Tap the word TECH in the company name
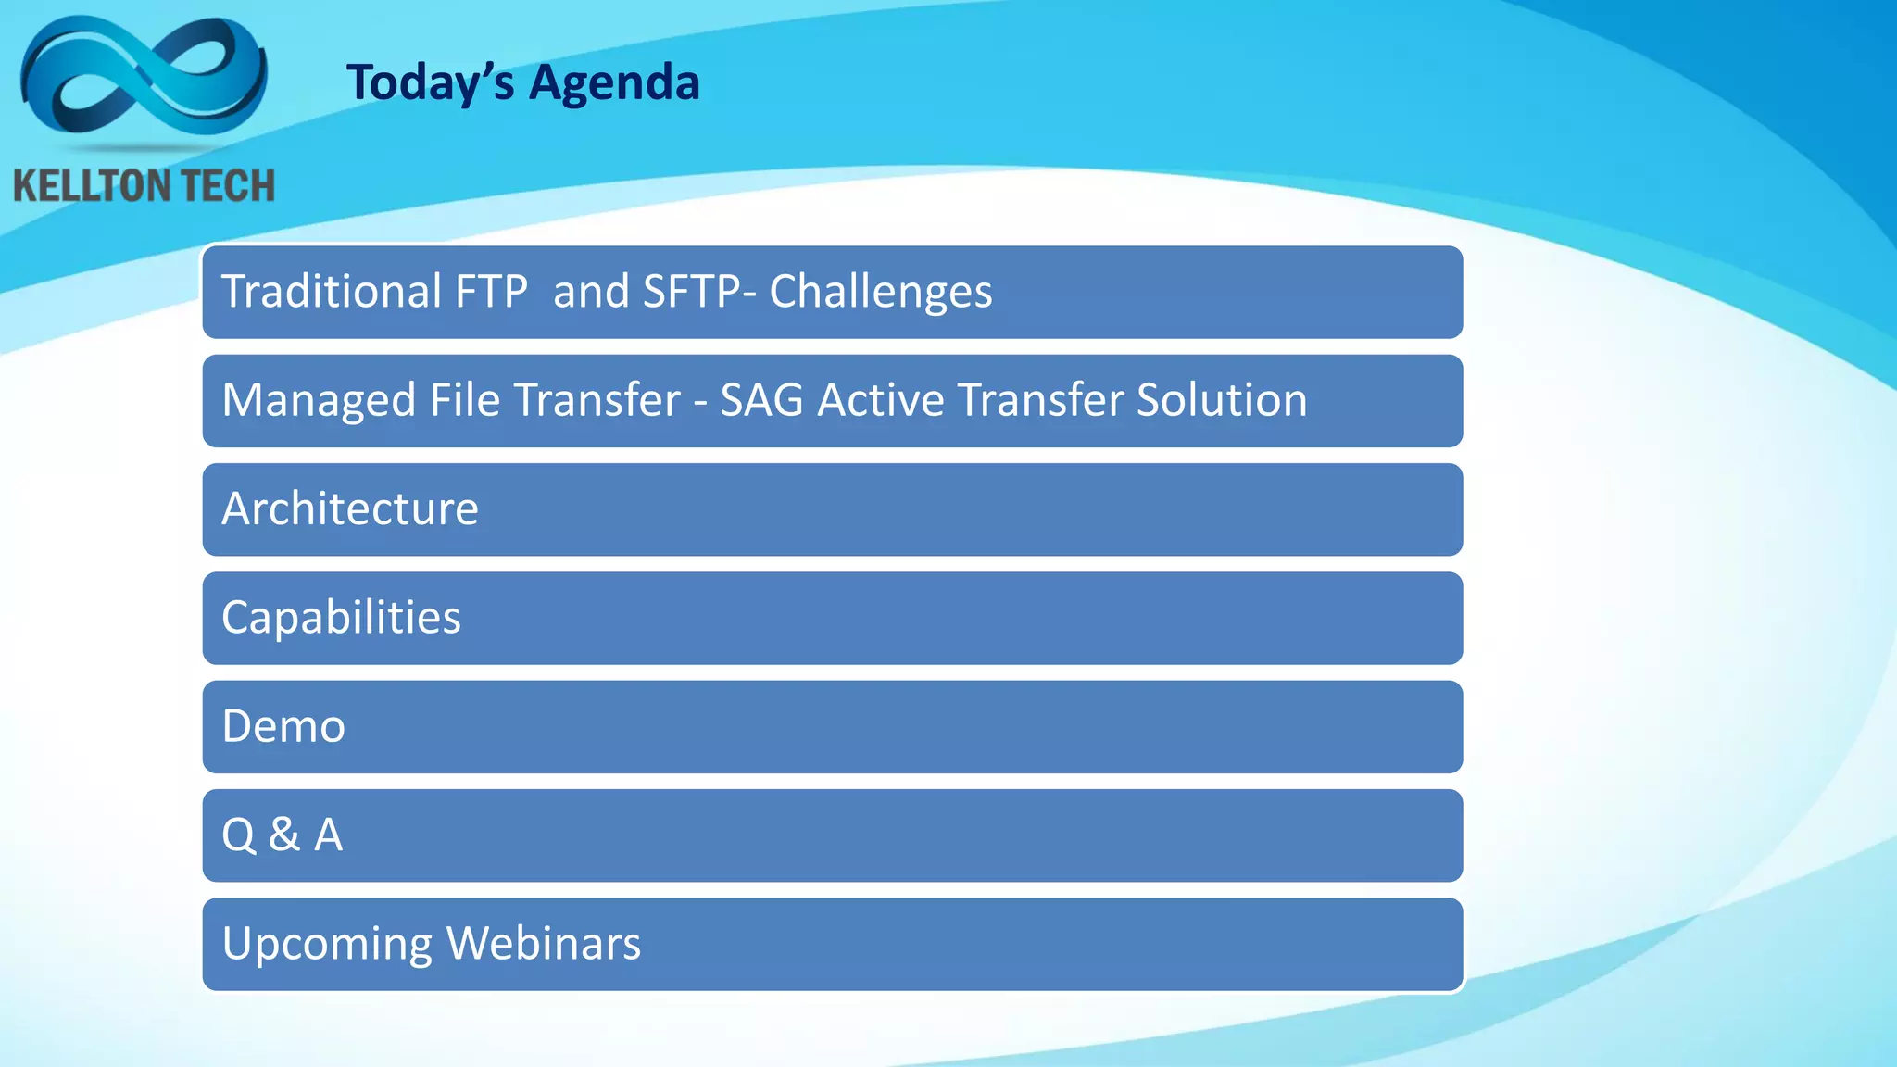[226, 186]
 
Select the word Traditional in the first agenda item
[331, 292]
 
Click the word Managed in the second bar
[318, 401]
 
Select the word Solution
[1221, 400]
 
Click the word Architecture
[350, 509]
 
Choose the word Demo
[283, 726]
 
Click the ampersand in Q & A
[284, 835]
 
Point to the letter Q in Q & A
[238, 835]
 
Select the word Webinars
[543, 944]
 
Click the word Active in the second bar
[880, 401]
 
